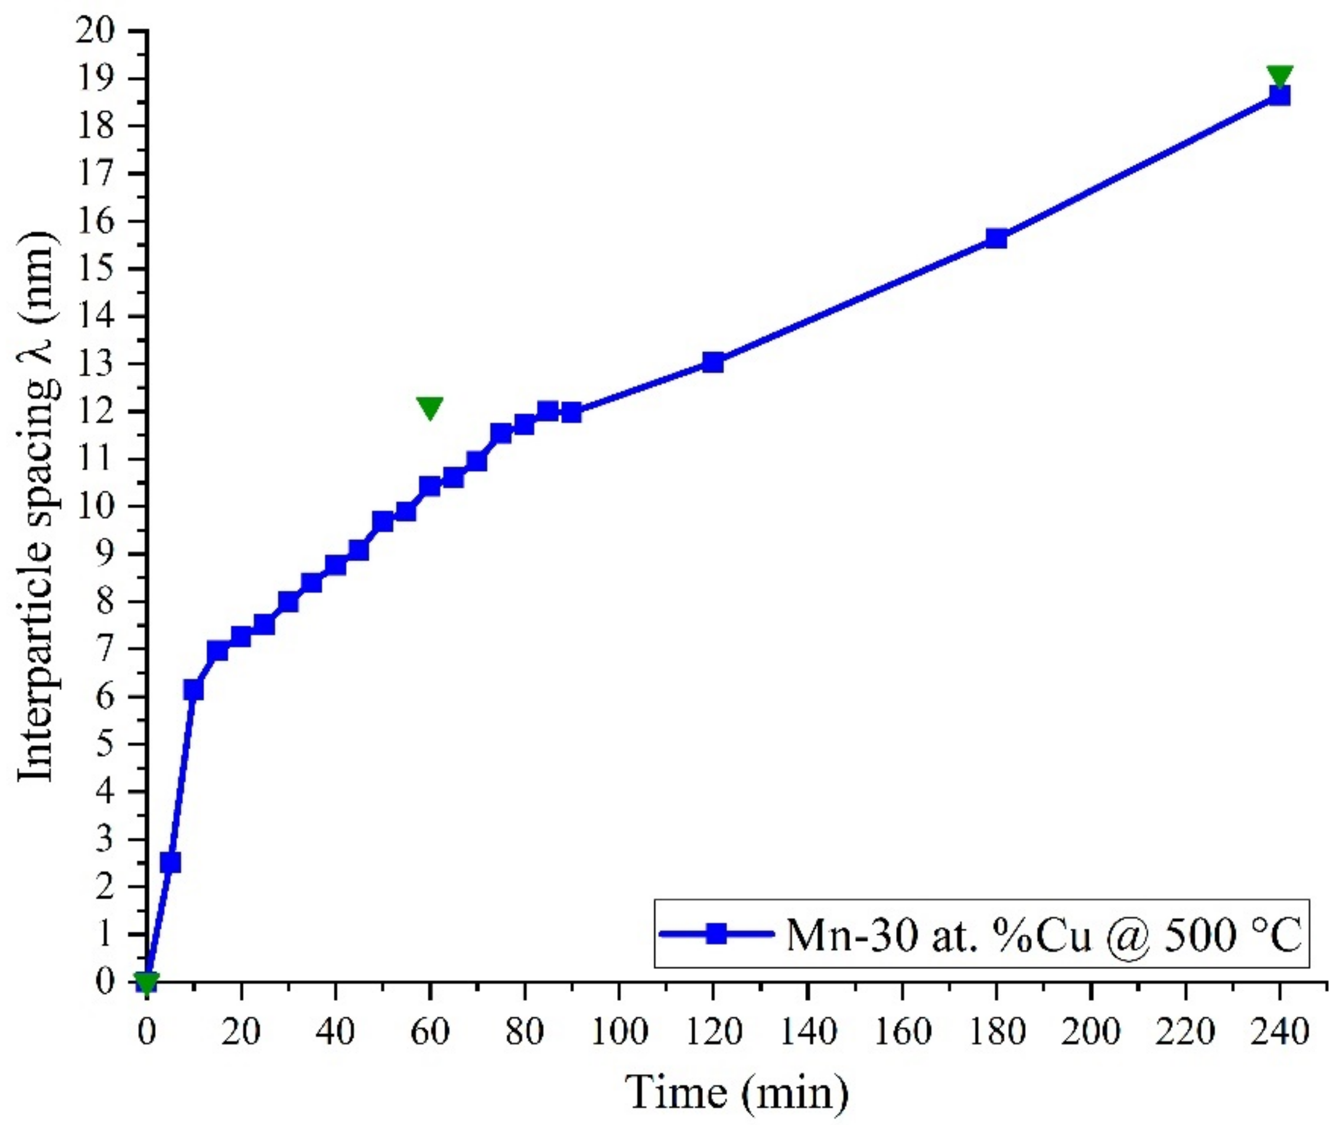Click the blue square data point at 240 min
click(1279, 96)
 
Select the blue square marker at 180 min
click(996, 239)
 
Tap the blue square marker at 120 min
click(712, 362)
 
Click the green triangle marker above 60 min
click(429, 407)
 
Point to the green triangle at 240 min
click(1279, 76)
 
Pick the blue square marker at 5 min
click(170, 862)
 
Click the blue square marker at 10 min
click(194, 690)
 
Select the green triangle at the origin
click(146, 981)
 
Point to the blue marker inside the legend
click(717, 934)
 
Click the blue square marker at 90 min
click(571, 412)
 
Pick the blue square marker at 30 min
click(288, 601)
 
